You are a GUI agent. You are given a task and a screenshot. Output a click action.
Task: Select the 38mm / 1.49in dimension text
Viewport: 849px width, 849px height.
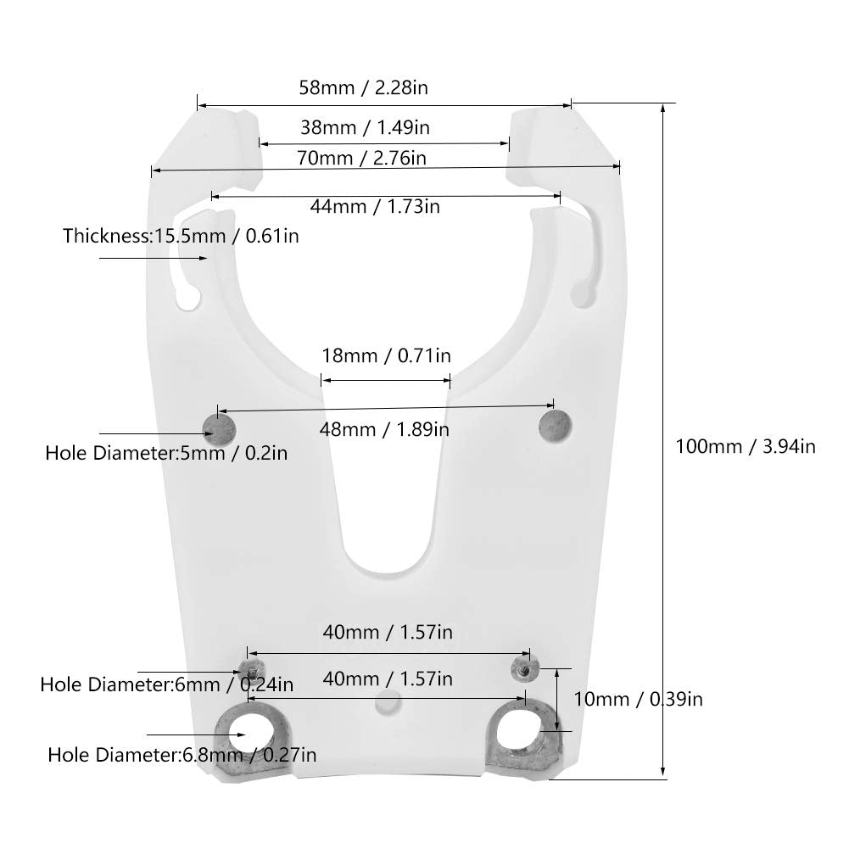coord(365,128)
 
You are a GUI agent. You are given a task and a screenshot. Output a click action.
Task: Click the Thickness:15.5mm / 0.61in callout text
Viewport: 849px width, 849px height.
coord(181,235)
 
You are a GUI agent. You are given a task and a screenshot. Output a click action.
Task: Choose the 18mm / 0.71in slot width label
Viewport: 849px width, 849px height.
coord(386,355)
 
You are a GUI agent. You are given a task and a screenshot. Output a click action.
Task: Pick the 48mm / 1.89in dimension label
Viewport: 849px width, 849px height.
coord(384,429)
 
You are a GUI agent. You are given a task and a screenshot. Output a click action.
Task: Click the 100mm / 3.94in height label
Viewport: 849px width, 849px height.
coord(746,445)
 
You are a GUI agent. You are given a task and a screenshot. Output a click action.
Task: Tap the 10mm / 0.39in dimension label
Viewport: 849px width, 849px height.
coord(639,699)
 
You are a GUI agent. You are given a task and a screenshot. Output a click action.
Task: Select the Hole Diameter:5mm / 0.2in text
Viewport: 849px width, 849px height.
coord(166,453)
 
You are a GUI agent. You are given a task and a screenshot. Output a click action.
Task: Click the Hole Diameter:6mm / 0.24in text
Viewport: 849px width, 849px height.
coord(167,684)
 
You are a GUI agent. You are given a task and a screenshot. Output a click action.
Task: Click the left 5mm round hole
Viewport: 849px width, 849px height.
coord(221,427)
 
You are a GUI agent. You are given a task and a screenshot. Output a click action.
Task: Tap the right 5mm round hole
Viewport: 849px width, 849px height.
coord(556,424)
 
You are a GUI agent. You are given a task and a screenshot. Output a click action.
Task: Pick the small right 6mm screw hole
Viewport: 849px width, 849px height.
coord(523,669)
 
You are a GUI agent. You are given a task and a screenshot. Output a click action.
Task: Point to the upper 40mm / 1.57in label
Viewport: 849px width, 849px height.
coord(387,632)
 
